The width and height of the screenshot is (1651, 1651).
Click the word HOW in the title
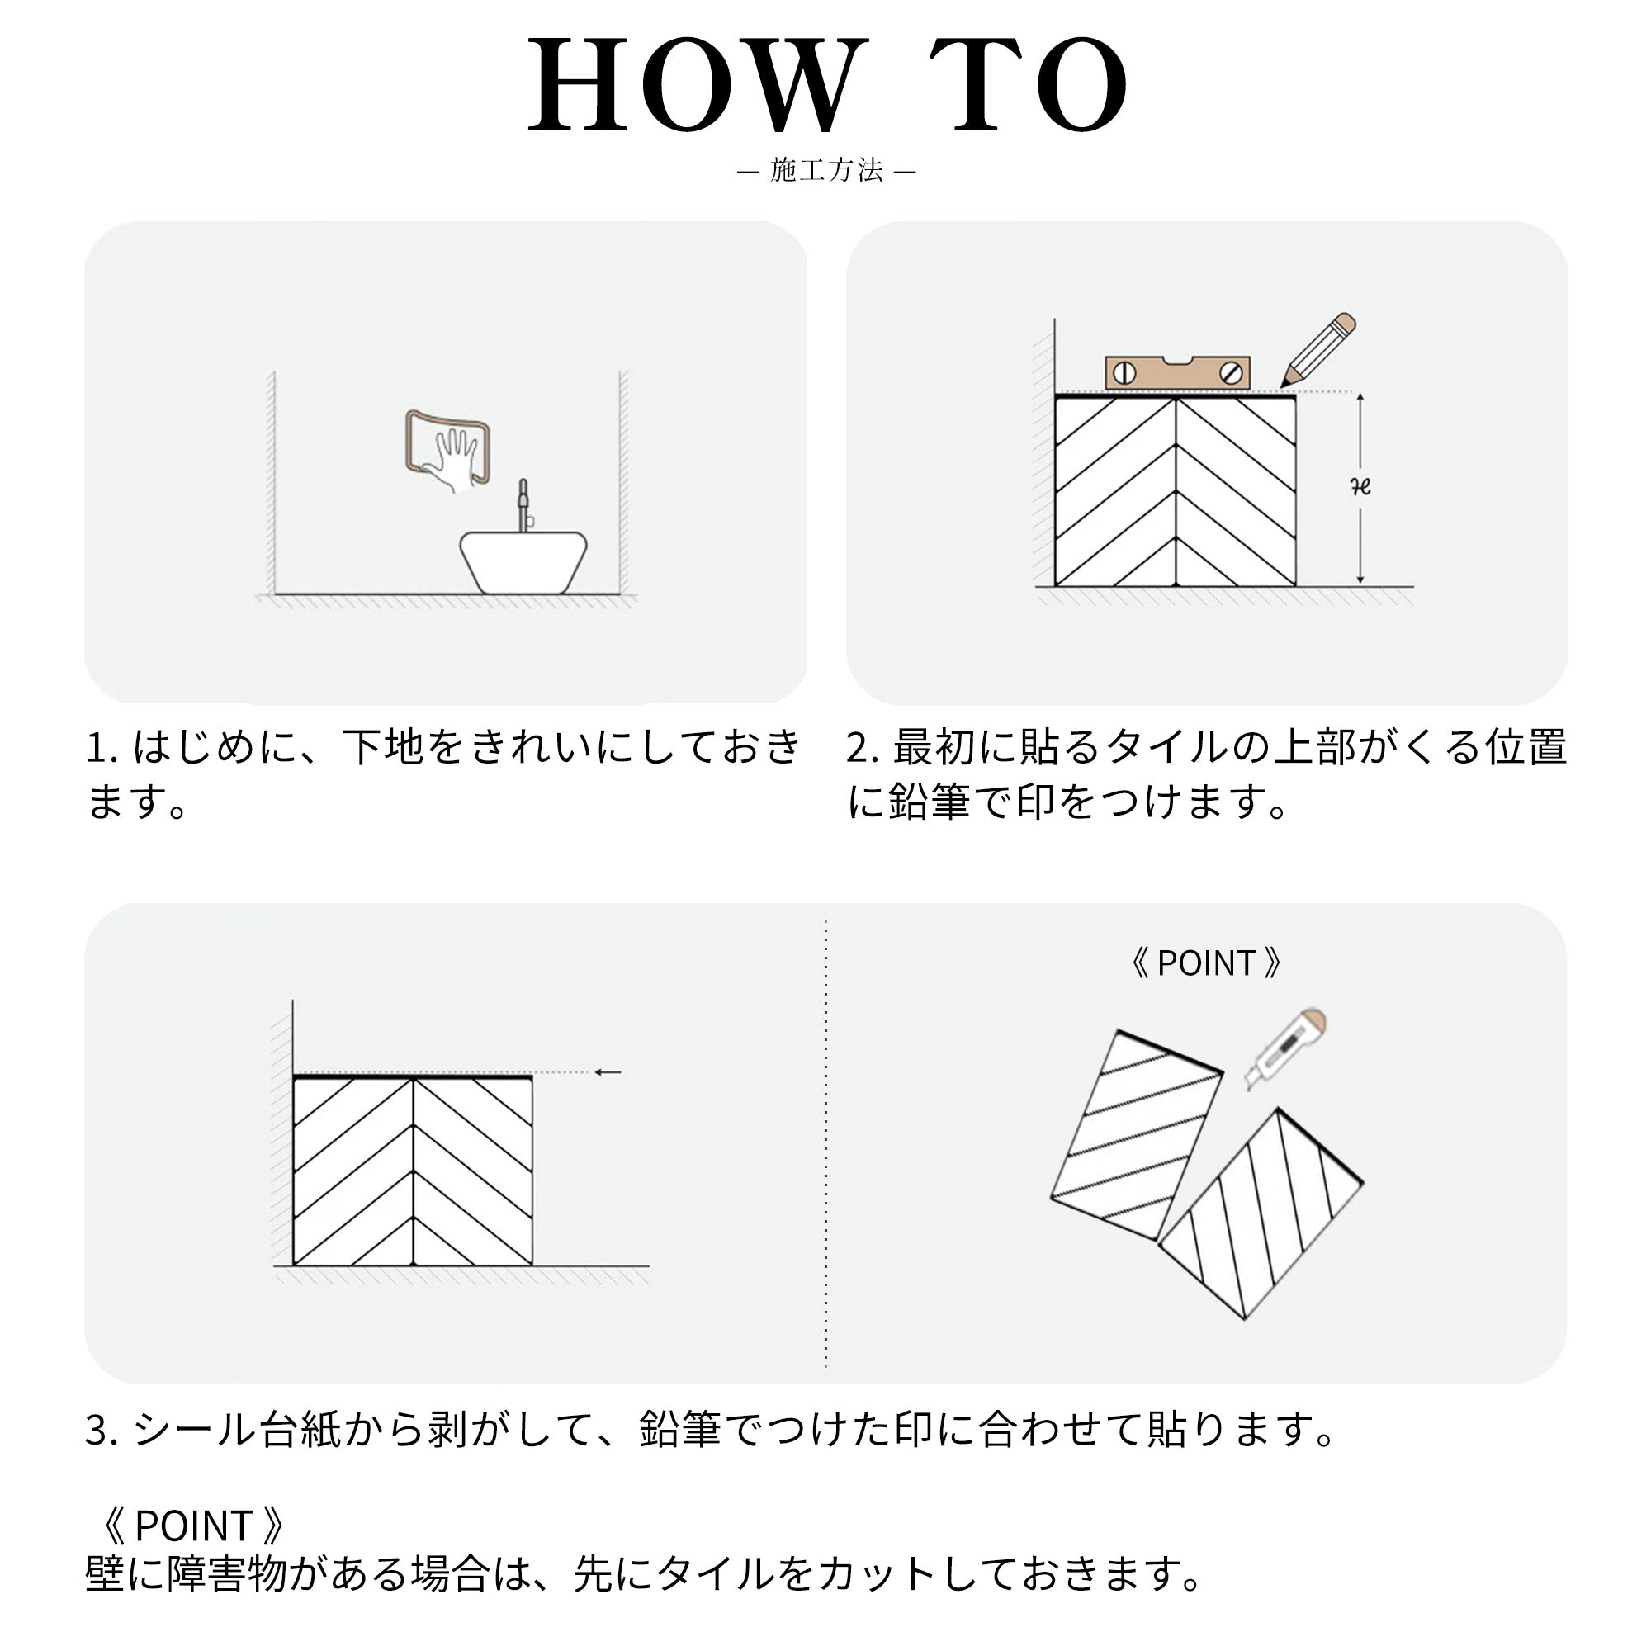coord(693,86)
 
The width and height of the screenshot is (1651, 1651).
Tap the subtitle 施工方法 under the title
coord(825,170)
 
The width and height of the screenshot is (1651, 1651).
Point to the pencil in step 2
coord(1317,350)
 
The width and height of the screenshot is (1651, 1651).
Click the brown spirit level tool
coord(1178,373)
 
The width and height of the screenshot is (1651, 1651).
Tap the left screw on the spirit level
coord(1124,373)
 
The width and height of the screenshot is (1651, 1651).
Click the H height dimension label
coord(1360,486)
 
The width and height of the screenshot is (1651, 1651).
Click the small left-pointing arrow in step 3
coord(608,1071)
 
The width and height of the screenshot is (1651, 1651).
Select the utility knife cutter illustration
coord(1285,1048)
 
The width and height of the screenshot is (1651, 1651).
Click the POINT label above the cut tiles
coord(1205,963)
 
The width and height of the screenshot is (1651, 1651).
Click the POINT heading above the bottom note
coord(192,1526)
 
